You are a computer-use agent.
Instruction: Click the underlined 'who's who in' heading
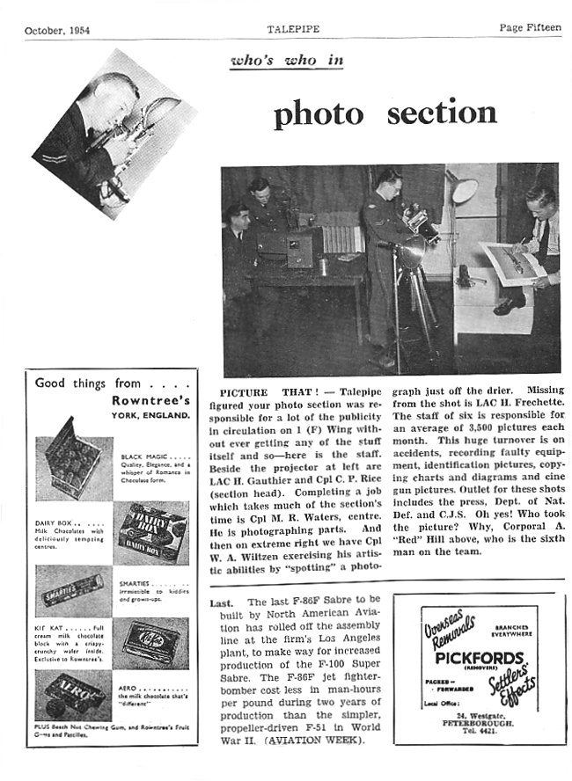tap(285, 61)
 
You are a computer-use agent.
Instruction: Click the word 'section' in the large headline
tap(436, 113)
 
